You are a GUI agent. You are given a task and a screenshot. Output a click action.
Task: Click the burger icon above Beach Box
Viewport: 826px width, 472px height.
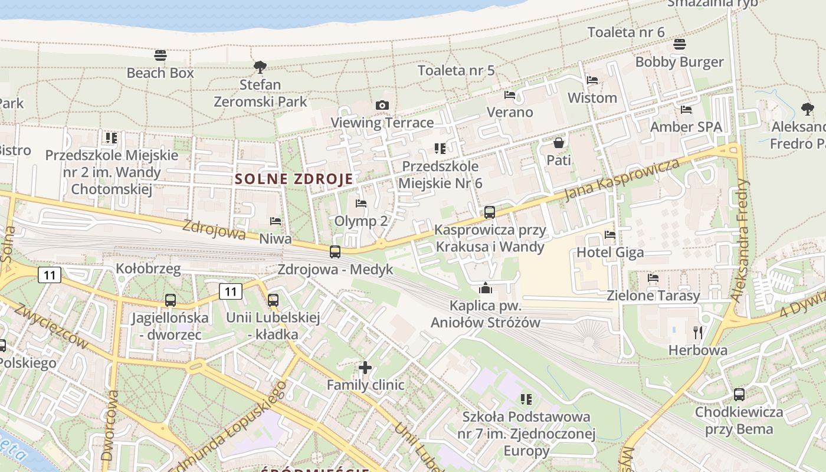pyautogui.click(x=160, y=55)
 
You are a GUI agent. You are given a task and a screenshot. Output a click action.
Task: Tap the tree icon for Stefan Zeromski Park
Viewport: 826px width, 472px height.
pyautogui.click(x=260, y=67)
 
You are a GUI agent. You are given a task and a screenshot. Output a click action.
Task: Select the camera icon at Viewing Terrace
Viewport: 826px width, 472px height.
pyautogui.click(x=382, y=105)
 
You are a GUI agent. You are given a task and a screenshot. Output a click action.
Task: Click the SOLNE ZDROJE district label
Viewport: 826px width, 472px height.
pyautogui.click(x=294, y=179)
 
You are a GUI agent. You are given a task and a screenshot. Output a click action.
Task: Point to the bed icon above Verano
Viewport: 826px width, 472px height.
pyautogui.click(x=510, y=95)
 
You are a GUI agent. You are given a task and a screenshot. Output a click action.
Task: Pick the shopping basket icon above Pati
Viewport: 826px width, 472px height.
pyautogui.click(x=558, y=143)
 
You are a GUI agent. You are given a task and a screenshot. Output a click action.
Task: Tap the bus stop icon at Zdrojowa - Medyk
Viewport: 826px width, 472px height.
pyautogui.click(x=335, y=252)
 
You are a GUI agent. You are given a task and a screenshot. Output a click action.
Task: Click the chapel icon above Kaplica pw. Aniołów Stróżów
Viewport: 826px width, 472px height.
pyautogui.click(x=486, y=288)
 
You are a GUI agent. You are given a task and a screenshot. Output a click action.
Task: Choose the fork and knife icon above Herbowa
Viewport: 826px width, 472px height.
pyautogui.click(x=698, y=333)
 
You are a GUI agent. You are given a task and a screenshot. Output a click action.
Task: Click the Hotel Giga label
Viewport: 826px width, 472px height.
pyautogui.click(x=610, y=253)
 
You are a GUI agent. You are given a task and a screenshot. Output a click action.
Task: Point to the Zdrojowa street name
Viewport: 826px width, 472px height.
pyautogui.click(x=214, y=230)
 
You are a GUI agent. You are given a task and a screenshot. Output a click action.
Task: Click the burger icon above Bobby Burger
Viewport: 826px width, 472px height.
pyautogui.click(x=680, y=44)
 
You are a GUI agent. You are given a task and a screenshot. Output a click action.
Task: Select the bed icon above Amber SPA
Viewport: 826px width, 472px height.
pyautogui.click(x=686, y=110)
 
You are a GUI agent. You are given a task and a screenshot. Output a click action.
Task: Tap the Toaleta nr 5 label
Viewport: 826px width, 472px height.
pyautogui.click(x=456, y=70)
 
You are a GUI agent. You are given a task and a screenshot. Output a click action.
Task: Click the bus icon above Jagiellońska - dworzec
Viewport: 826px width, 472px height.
pyautogui.click(x=171, y=300)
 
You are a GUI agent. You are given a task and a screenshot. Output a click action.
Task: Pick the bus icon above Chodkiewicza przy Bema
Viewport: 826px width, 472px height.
pyautogui.click(x=739, y=395)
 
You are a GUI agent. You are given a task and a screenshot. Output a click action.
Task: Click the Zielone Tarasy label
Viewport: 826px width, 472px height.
pyautogui.click(x=653, y=296)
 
